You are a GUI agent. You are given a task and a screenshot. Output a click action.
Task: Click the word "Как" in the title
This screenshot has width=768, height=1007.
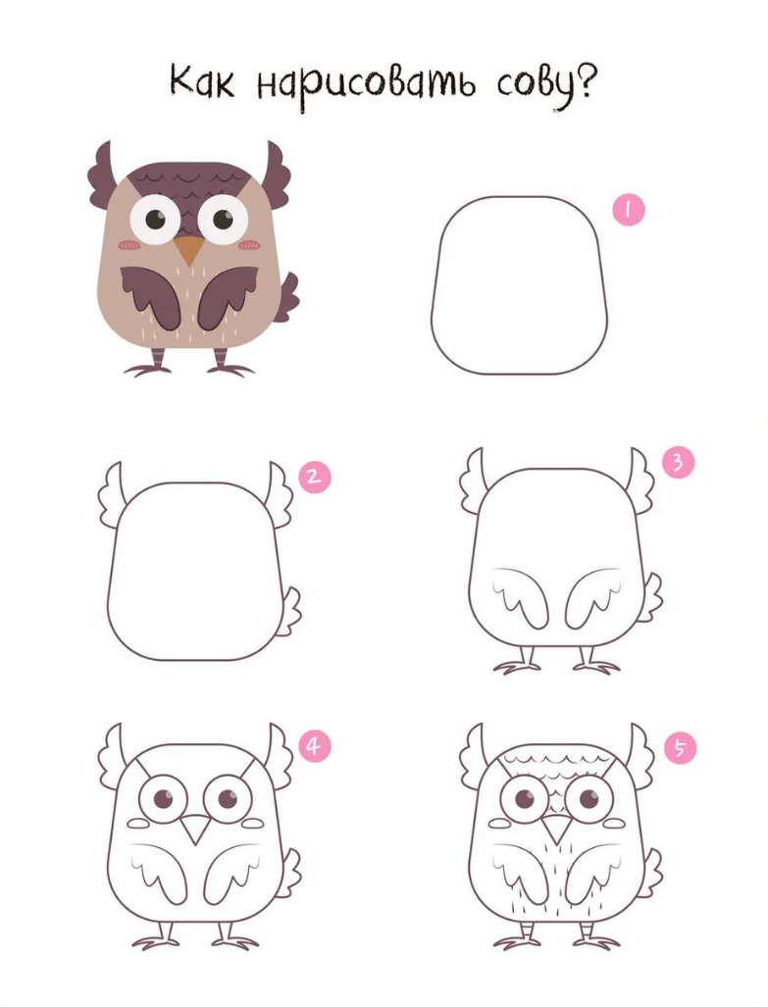(202, 82)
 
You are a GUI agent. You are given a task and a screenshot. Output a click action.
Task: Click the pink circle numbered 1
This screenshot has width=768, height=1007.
(628, 210)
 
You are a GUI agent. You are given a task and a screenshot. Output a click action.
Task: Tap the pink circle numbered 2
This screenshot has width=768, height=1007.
(315, 477)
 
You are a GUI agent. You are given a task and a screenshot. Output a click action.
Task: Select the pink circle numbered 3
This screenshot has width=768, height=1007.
(678, 462)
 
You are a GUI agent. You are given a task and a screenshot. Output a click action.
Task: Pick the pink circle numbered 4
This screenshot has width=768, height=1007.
(314, 746)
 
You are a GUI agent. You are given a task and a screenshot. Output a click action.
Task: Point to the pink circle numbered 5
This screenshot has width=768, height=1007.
(680, 748)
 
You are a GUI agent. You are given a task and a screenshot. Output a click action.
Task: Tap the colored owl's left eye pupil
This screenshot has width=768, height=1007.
(155, 219)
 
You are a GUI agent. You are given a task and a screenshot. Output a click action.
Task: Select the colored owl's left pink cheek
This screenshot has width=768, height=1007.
(130, 245)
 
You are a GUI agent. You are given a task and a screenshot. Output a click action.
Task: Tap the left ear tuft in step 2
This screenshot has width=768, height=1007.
(111, 493)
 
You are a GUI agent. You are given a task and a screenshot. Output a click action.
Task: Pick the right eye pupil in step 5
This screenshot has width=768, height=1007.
(589, 800)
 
